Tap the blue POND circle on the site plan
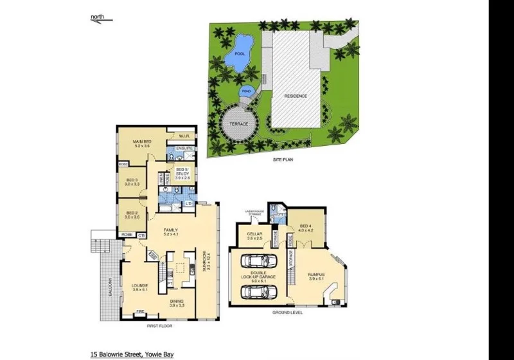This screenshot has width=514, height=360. (x=246, y=91)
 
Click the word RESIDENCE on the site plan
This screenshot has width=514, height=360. (x=296, y=96)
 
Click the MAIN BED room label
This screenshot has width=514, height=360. (x=142, y=141)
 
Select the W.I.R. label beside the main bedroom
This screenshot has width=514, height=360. (x=183, y=136)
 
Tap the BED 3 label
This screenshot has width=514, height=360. (x=131, y=180)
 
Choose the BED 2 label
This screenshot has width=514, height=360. (x=132, y=213)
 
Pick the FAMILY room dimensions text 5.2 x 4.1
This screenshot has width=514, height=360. (x=170, y=235)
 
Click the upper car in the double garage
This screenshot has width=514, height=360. (x=258, y=262)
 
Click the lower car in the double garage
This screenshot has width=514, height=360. (x=258, y=292)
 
